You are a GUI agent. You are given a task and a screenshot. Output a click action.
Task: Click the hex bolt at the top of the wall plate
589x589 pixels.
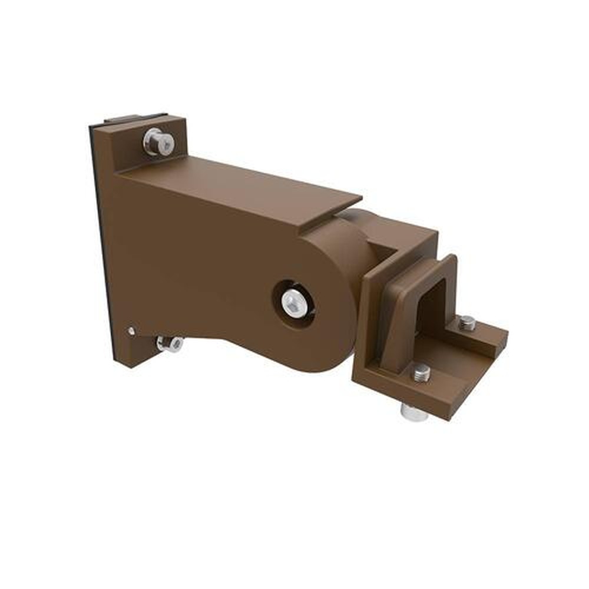(x=158, y=142)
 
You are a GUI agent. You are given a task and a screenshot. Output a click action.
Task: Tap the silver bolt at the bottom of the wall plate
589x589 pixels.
(x=170, y=343)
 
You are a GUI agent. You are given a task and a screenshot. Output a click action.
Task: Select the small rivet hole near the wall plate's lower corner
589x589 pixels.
(x=131, y=331)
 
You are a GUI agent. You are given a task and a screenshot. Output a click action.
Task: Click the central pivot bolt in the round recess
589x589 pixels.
(x=293, y=302)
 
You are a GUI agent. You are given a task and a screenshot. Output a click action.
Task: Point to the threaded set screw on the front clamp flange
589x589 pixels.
(x=420, y=373)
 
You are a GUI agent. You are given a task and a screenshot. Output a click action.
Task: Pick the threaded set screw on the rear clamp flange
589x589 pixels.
(x=467, y=323)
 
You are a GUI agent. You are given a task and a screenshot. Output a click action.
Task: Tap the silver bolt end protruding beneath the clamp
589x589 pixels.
(x=415, y=412)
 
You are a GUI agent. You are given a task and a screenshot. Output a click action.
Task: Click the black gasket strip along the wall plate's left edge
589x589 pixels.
(x=101, y=247)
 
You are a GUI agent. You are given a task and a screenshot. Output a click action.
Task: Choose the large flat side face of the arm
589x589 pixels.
(x=194, y=253)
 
